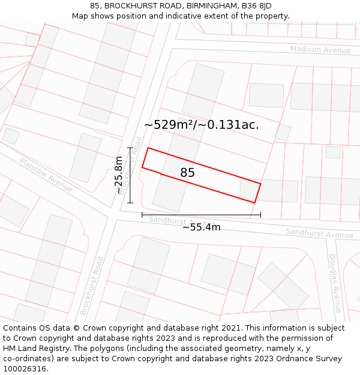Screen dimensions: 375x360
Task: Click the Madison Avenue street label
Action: pyautogui.click(x=320, y=49)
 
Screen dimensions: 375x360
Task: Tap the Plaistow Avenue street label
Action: pyautogui.click(x=46, y=175)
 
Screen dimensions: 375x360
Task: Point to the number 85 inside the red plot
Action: pyautogui.click(x=187, y=173)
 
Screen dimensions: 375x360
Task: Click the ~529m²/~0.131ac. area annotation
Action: pyautogui.click(x=202, y=125)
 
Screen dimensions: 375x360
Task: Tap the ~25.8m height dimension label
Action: pyautogui.click(x=119, y=175)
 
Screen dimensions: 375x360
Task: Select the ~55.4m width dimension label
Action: pyautogui.click(x=201, y=227)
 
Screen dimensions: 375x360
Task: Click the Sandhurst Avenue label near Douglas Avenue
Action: pyautogui.click(x=319, y=233)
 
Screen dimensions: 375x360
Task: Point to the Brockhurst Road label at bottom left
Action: pyautogui.click(x=92, y=286)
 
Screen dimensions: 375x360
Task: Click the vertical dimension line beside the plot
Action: pyautogui.click(x=130, y=175)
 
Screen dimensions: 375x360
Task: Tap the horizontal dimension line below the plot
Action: pyautogui.click(x=201, y=214)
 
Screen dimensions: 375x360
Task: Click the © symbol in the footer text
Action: pyautogui.click(x=77, y=328)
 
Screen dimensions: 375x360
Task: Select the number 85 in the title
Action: pyautogui.click(x=95, y=6)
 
